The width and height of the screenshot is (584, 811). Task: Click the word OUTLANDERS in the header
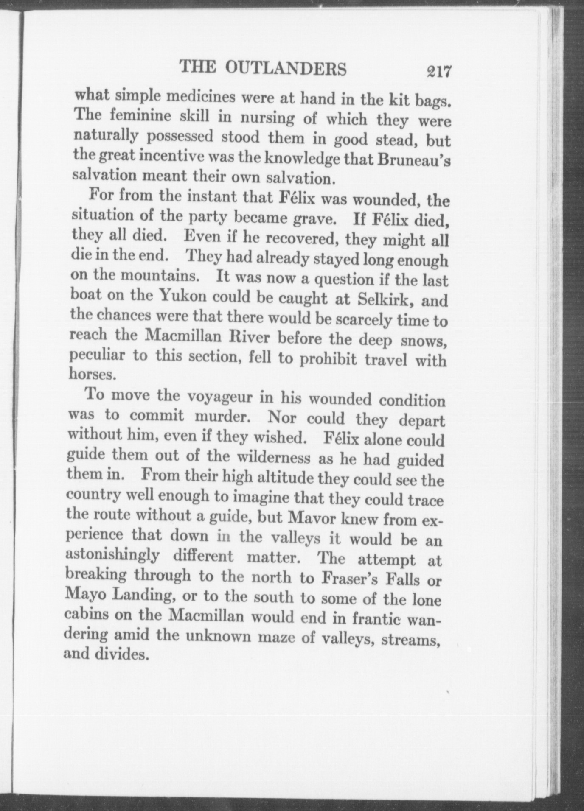pos(285,68)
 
